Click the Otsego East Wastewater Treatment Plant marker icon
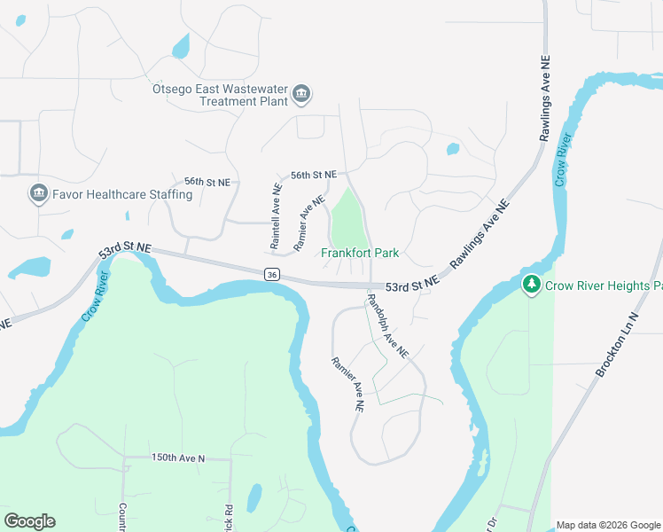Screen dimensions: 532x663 (301, 94)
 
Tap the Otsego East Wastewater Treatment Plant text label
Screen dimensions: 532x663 (222, 95)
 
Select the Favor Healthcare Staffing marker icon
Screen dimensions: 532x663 (38, 194)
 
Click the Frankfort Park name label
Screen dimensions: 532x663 (360, 254)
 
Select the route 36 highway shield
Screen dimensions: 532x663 (271, 275)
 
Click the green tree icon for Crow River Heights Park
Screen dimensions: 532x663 (531, 286)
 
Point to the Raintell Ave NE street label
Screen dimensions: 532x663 (276, 215)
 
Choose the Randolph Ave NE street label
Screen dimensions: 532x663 (388, 325)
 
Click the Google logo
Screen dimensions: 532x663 (29, 521)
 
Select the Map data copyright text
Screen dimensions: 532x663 (608, 525)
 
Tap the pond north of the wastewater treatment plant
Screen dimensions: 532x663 (181, 45)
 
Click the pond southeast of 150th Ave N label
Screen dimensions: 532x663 (254, 497)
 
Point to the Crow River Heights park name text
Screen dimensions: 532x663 (604, 286)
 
